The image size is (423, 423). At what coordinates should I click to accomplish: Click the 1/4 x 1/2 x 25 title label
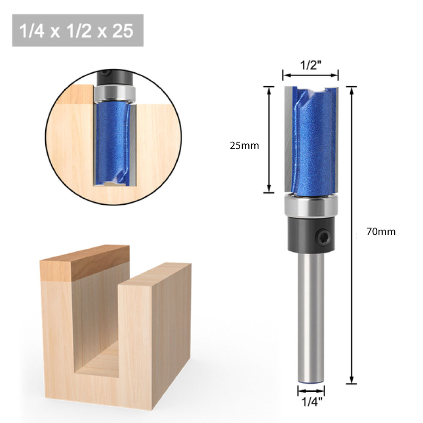pyautogui.click(x=77, y=30)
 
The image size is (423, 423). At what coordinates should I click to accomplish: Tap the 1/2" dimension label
pyautogui.click(x=310, y=66)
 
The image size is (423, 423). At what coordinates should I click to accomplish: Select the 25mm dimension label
pyautogui.click(x=244, y=146)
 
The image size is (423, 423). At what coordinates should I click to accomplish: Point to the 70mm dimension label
pyautogui.click(x=381, y=231)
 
